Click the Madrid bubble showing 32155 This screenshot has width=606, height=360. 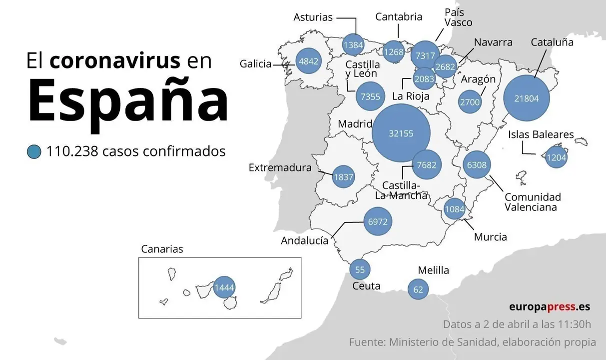[x=401, y=133]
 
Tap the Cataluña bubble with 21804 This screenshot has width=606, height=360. [x=527, y=98]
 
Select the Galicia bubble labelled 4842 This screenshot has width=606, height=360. [x=308, y=62]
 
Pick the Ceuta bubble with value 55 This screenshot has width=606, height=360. [x=360, y=269]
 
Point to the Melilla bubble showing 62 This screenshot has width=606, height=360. [x=418, y=289]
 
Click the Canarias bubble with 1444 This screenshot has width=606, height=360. [x=224, y=287]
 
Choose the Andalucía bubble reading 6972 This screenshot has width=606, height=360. [x=378, y=221]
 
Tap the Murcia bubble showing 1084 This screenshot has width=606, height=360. [x=455, y=208]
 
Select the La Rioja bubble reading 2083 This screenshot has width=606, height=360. [x=424, y=78]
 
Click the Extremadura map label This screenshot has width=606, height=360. [x=280, y=168]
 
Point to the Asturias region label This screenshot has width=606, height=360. [x=313, y=17]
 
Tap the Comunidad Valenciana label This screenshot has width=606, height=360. [x=533, y=202]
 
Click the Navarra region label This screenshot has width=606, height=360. [x=493, y=42]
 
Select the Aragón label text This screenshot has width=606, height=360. [x=478, y=79]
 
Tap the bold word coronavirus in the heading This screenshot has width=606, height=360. [x=115, y=60]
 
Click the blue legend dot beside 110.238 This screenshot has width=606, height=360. [x=34, y=151]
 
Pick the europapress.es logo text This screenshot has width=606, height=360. [x=550, y=306]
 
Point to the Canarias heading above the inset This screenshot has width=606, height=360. [x=162, y=249]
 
